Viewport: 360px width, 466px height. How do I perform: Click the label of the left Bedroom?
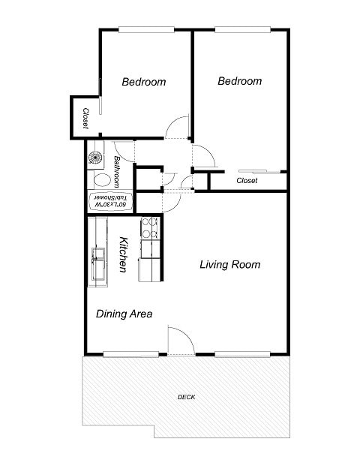144,82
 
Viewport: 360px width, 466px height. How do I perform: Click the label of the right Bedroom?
239,81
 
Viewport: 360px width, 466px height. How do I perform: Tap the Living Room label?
229,265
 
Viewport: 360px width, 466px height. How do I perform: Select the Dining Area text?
124,314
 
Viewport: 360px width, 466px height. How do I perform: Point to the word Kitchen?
124,254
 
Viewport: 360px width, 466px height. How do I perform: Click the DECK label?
187,397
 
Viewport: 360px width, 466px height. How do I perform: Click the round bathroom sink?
97,157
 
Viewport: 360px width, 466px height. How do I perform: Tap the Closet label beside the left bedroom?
85,118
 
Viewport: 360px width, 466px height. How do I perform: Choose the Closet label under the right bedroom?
247,181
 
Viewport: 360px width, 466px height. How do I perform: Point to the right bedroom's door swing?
204,155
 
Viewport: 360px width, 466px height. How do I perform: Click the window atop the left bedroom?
146,30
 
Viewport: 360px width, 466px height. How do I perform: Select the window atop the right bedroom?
242,30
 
